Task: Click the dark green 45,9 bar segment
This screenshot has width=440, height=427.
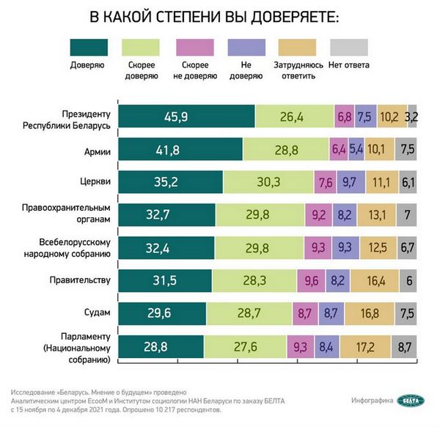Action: pyautogui.click(x=186, y=117)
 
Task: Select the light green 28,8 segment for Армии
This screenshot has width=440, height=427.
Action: pyautogui.click(x=286, y=150)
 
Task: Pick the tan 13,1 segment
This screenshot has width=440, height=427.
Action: pyautogui.click(x=376, y=216)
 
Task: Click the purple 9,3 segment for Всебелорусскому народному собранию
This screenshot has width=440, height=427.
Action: pyautogui.click(x=344, y=248)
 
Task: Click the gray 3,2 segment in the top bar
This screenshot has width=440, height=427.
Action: pyautogui.click(x=412, y=117)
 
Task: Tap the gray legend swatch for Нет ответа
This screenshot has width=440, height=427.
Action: pyautogui.click(x=350, y=47)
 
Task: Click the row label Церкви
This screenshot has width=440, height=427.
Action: pyautogui.click(x=94, y=183)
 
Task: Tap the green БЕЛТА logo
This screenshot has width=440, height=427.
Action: pyautogui.click(x=410, y=400)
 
